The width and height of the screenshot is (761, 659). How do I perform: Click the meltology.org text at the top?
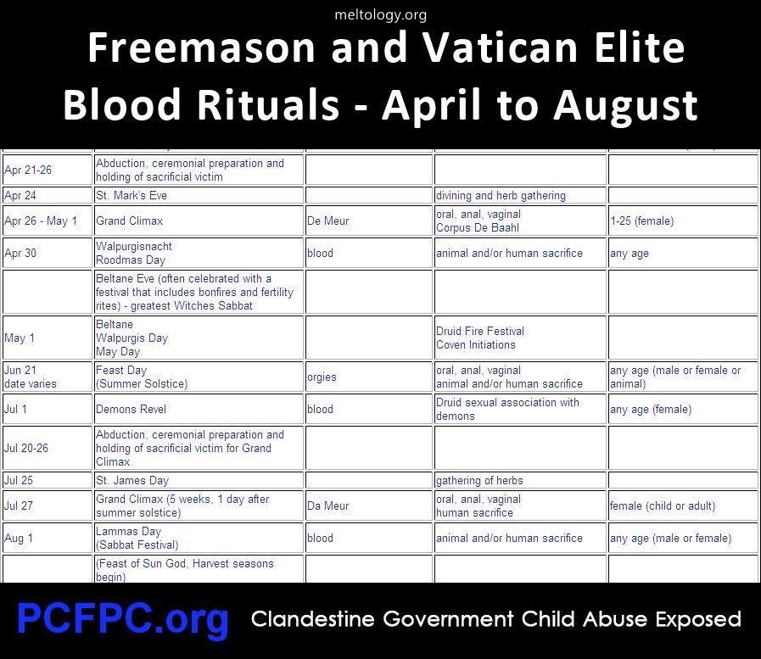coord(380,15)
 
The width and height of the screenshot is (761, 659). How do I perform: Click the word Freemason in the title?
coord(201,47)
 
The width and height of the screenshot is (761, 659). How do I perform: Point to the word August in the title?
coord(625,105)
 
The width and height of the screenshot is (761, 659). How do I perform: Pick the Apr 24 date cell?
coord(47,196)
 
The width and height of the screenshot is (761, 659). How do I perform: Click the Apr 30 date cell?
coord(47,253)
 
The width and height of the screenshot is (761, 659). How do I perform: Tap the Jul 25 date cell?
coord(47,480)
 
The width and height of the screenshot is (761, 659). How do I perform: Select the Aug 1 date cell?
coord(47,538)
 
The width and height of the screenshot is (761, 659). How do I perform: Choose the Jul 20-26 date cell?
coord(47,448)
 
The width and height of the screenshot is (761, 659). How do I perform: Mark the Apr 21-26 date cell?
coord(47,170)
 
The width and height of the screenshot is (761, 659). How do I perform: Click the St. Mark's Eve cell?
coord(199,196)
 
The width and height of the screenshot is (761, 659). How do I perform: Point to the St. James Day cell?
coord(199,480)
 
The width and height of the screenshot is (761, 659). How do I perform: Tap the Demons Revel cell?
coord(199,409)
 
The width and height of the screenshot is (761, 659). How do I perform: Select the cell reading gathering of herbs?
coord(520,480)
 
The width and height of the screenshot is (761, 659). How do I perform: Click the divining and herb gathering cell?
coord(520,196)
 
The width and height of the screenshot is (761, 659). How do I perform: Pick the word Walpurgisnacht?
coord(134,247)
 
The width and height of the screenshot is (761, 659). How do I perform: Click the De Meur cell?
coord(369,221)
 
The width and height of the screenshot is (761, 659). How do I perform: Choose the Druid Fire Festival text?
coord(480,331)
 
